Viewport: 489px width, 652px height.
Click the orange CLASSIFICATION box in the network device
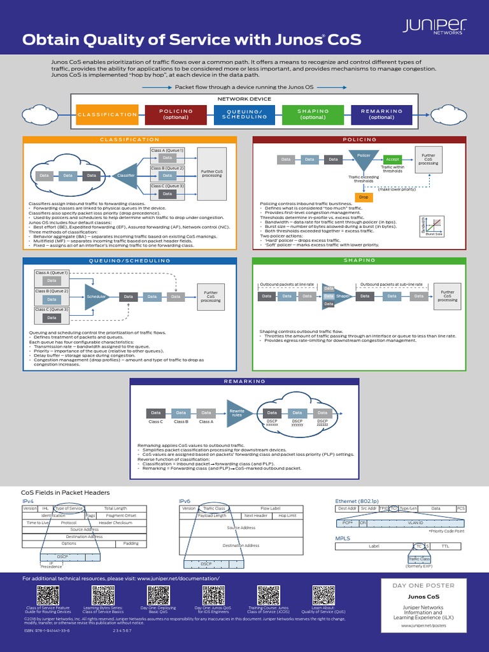click(x=107, y=115)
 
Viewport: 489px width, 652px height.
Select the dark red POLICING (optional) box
click(x=176, y=115)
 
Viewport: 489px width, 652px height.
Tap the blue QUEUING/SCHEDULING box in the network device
click(x=244, y=115)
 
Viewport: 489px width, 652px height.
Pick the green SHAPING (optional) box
click(x=313, y=115)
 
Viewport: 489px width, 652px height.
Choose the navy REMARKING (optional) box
click(x=382, y=115)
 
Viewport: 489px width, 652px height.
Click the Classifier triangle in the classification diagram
click(x=125, y=174)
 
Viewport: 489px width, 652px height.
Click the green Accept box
click(x=393, y=160)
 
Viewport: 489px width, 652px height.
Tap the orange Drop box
click(x=364, y=197)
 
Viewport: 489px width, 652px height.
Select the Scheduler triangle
click(x=96, y=296)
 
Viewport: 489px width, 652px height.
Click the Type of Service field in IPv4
click(x=69, y=508)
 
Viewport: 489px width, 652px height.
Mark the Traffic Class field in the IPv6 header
click(x=213, y=508)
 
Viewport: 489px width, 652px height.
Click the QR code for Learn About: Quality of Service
click(x=322, y=595)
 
